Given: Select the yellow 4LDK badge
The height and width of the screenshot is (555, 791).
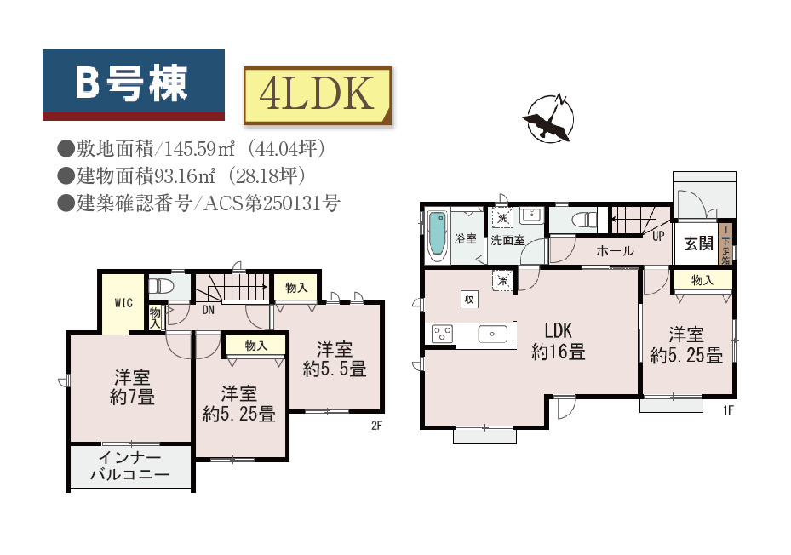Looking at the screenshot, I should [x=317, y=95].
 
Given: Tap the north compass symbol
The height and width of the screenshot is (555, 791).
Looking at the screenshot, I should [x=548, y=118].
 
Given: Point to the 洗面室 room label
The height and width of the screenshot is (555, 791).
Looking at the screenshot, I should [x=507, y=241].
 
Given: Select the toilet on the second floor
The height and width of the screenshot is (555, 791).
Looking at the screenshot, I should [x=163, y=284].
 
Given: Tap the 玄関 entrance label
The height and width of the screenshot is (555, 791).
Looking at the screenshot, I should [x=698, y=244].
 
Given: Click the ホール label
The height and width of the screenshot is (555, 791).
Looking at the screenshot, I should [x=614, y=251].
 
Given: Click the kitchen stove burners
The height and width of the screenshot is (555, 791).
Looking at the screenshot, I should [x=442, y=334].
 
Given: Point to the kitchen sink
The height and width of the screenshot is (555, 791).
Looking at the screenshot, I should [x=492, y=333].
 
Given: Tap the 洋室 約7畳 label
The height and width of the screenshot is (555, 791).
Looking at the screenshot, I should [x=133, y=387].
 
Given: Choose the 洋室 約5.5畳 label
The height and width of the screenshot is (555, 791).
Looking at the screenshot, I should [x=335, y=359].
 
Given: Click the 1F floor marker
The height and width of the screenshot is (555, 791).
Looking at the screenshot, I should [x=728, y=409].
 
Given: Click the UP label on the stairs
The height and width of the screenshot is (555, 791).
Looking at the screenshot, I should [x=658, y=236].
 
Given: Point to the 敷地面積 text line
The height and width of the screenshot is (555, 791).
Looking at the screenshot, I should [x=192, y=148].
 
